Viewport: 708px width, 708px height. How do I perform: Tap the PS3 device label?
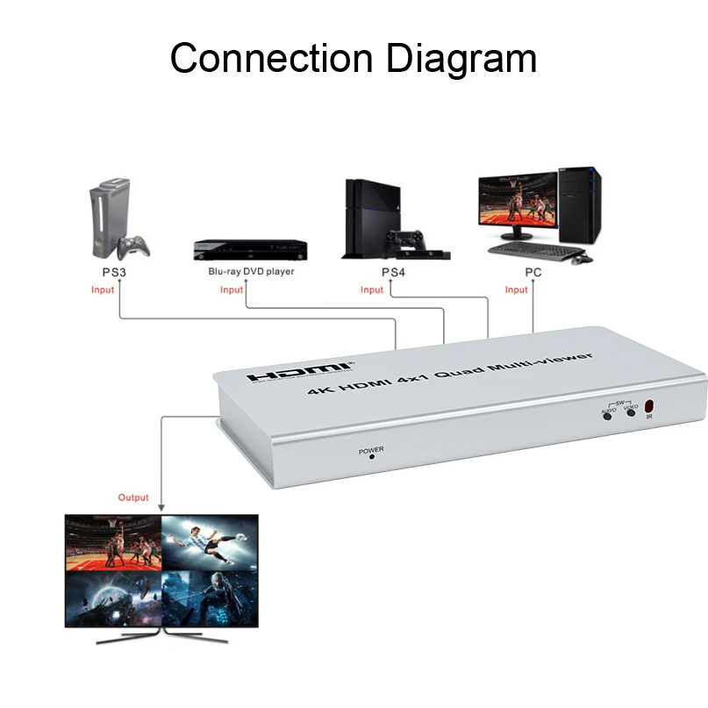(114, 272)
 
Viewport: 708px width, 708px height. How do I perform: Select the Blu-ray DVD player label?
(251, 272)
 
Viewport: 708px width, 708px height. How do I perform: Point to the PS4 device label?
(393, 272)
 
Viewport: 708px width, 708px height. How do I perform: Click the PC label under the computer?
(533, 272)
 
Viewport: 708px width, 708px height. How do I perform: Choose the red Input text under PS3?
(103, 290)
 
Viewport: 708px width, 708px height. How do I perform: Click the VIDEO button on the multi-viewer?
(630, 413)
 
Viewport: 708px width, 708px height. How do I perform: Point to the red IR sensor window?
(650, 407)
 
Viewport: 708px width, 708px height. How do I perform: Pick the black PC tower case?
(581, 204)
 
